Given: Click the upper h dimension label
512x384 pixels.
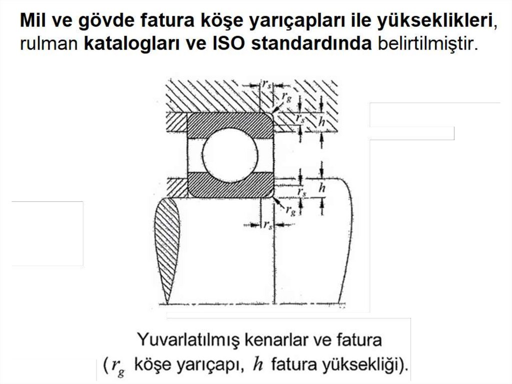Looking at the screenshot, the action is coord(321,122).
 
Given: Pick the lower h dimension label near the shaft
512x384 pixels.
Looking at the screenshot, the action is coord(321,188).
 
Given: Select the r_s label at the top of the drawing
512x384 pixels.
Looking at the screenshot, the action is coord(266,84).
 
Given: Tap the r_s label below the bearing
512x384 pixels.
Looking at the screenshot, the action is coord(268,225).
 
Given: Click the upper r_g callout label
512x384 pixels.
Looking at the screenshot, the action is coord(286,97).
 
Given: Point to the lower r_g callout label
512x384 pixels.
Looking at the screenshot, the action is coord(290,210).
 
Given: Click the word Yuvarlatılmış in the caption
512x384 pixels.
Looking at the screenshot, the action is coord(188,340).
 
